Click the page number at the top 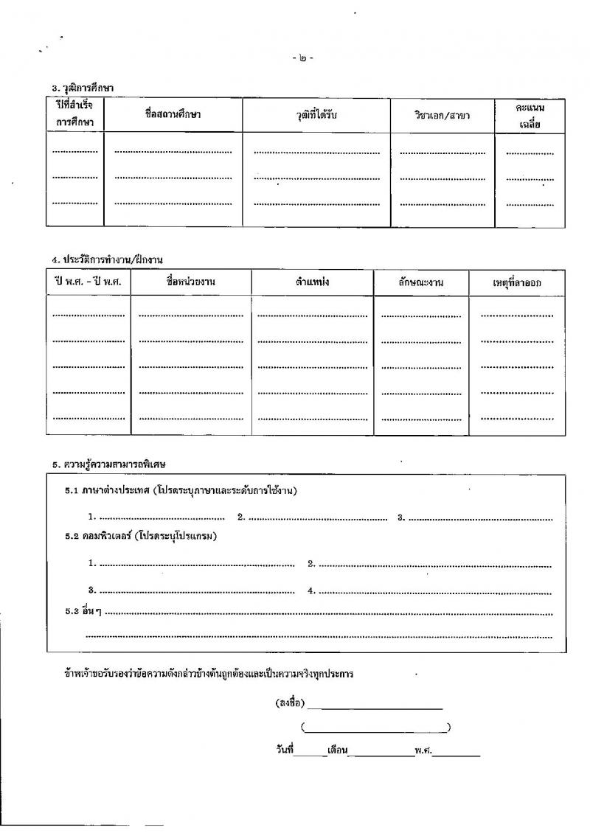pos(302,58)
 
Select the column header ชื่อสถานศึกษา pos(173,115)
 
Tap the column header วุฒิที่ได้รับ pos(316,115)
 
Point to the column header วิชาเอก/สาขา pos(442,116)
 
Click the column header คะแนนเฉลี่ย pos(530,116)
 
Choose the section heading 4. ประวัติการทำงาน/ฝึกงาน pos(107,259)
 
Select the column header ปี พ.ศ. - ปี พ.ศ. pos(88,282)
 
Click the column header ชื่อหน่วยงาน pos(191,282)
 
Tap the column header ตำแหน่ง pos(312,282)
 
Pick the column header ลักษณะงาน pos(421,283)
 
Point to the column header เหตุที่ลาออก pos(518,283)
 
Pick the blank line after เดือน pos(381,754)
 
